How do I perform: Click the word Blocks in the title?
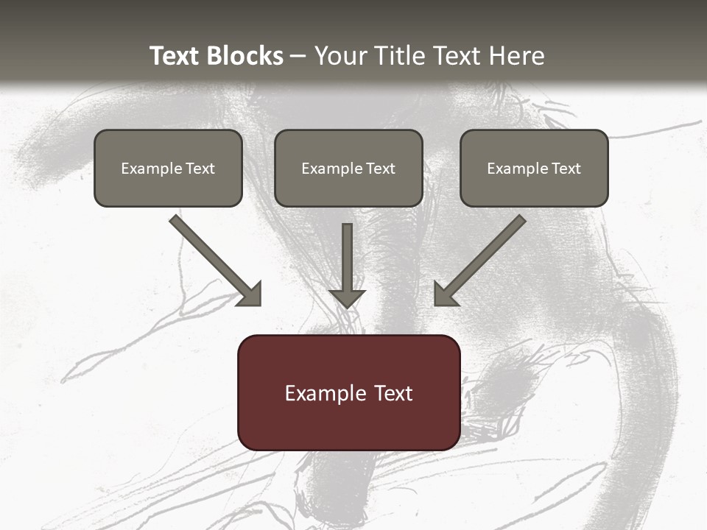247,56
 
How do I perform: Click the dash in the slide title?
298,57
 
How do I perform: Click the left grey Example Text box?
168,168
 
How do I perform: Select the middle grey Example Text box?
348,168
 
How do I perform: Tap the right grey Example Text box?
534,168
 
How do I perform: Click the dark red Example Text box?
348,392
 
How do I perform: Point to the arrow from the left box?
214,259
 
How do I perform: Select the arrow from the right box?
482,259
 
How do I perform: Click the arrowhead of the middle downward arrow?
347,298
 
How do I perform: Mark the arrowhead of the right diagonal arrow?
445,294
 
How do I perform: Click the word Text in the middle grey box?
381,169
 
